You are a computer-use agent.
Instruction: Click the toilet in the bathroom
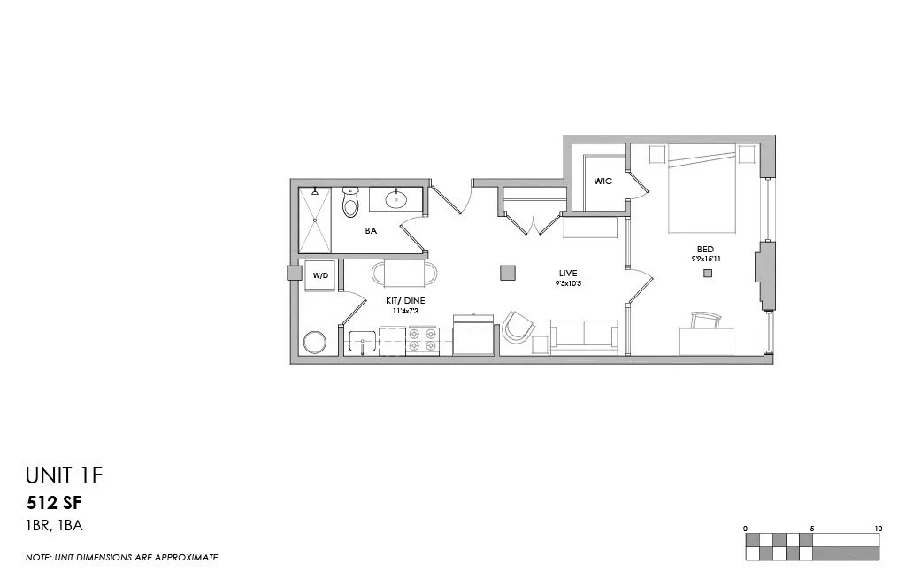350,205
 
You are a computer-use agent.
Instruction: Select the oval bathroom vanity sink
395,199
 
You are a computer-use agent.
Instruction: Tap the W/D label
320,276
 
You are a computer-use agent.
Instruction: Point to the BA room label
371,230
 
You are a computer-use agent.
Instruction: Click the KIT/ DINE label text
405,300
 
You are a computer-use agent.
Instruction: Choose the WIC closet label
603,181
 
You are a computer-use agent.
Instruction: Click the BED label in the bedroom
705,249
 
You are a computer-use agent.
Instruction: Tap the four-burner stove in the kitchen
422,341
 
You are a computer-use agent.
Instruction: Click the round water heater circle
315,342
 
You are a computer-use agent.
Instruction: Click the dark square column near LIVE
508,273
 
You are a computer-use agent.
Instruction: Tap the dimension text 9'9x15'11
707,259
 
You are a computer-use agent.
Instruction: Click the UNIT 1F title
65,477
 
